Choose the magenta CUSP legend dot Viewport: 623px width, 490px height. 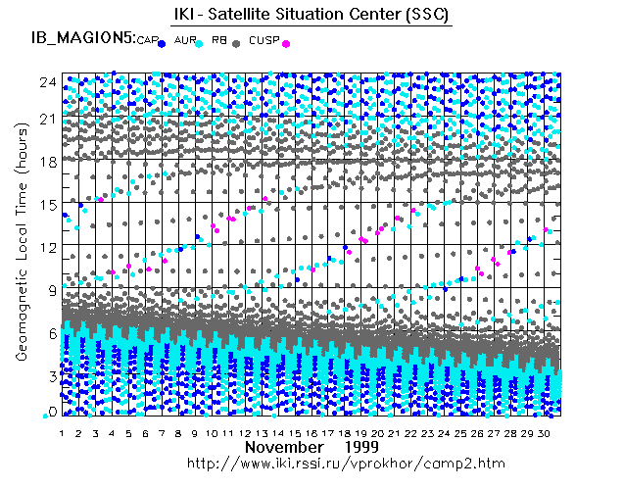[x=285, y=44]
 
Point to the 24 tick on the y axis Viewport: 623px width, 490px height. [x=46, y=82]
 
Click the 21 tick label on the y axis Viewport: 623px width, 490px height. [x=46, y=119]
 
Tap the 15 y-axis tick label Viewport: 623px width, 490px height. [x=46, y=204]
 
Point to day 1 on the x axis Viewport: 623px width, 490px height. [x=63, y=432]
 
